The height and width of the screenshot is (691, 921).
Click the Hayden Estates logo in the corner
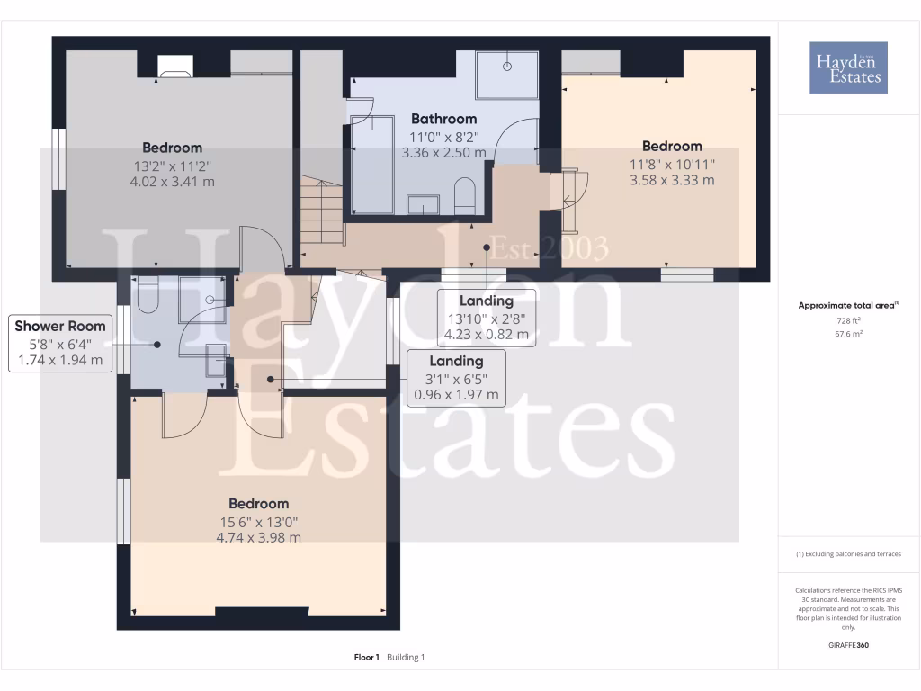point(847,67)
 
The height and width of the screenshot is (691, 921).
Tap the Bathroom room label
point(443,119)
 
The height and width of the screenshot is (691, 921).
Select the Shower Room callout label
point(60,326)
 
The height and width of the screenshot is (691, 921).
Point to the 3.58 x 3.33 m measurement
point(672,180)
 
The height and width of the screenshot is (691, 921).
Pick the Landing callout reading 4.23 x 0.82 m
point(486,318)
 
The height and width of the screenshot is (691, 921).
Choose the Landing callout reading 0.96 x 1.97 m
point(456,378)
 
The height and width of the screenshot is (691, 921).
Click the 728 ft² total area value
point(849,320)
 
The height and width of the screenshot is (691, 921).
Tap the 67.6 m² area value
point(849,334)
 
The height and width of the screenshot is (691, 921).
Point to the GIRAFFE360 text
point(849,645)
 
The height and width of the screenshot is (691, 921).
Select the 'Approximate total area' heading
point(848,306)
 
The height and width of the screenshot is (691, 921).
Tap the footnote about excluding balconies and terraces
point(849,554)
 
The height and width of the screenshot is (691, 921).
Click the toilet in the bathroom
point(465,196)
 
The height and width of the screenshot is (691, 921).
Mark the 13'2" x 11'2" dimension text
point(172,166)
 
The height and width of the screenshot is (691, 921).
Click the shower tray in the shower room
point(203,301)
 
